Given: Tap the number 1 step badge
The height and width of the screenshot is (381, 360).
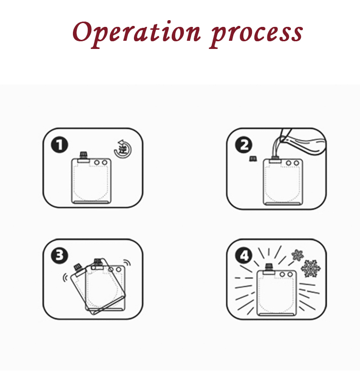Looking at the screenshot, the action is [x=60, y=145].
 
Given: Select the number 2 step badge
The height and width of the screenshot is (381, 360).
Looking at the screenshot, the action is [x=243, y=144].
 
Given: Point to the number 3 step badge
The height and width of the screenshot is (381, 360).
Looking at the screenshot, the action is [x=60, y=255].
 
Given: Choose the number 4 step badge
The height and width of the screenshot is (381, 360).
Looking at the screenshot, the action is [x=243, y=256].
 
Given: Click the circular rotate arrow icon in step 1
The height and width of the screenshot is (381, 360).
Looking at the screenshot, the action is [x=123, y=149].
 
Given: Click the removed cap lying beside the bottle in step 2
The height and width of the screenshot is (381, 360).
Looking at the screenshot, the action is [x=253, y=159].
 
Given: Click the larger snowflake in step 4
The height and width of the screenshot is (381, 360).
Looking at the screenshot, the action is [x=311, y=269].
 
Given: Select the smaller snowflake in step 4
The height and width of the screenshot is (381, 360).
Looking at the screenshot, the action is [x=298, y=255].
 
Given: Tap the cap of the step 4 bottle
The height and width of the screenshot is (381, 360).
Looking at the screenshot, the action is [x=269, y=267].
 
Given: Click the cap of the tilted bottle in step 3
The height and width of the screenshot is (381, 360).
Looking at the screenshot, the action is [x=78, y=267].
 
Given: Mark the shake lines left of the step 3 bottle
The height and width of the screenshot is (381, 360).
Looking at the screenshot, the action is [x=65, y=277].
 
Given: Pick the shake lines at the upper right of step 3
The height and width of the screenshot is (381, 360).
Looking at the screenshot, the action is [x=127, y=262].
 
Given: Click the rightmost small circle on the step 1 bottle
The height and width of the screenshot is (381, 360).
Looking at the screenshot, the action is [x=105, y=162].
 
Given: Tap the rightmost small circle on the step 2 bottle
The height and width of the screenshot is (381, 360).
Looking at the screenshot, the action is [x=296, y=163].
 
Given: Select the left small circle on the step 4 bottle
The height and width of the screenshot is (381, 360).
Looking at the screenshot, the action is [x=282, y=274].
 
